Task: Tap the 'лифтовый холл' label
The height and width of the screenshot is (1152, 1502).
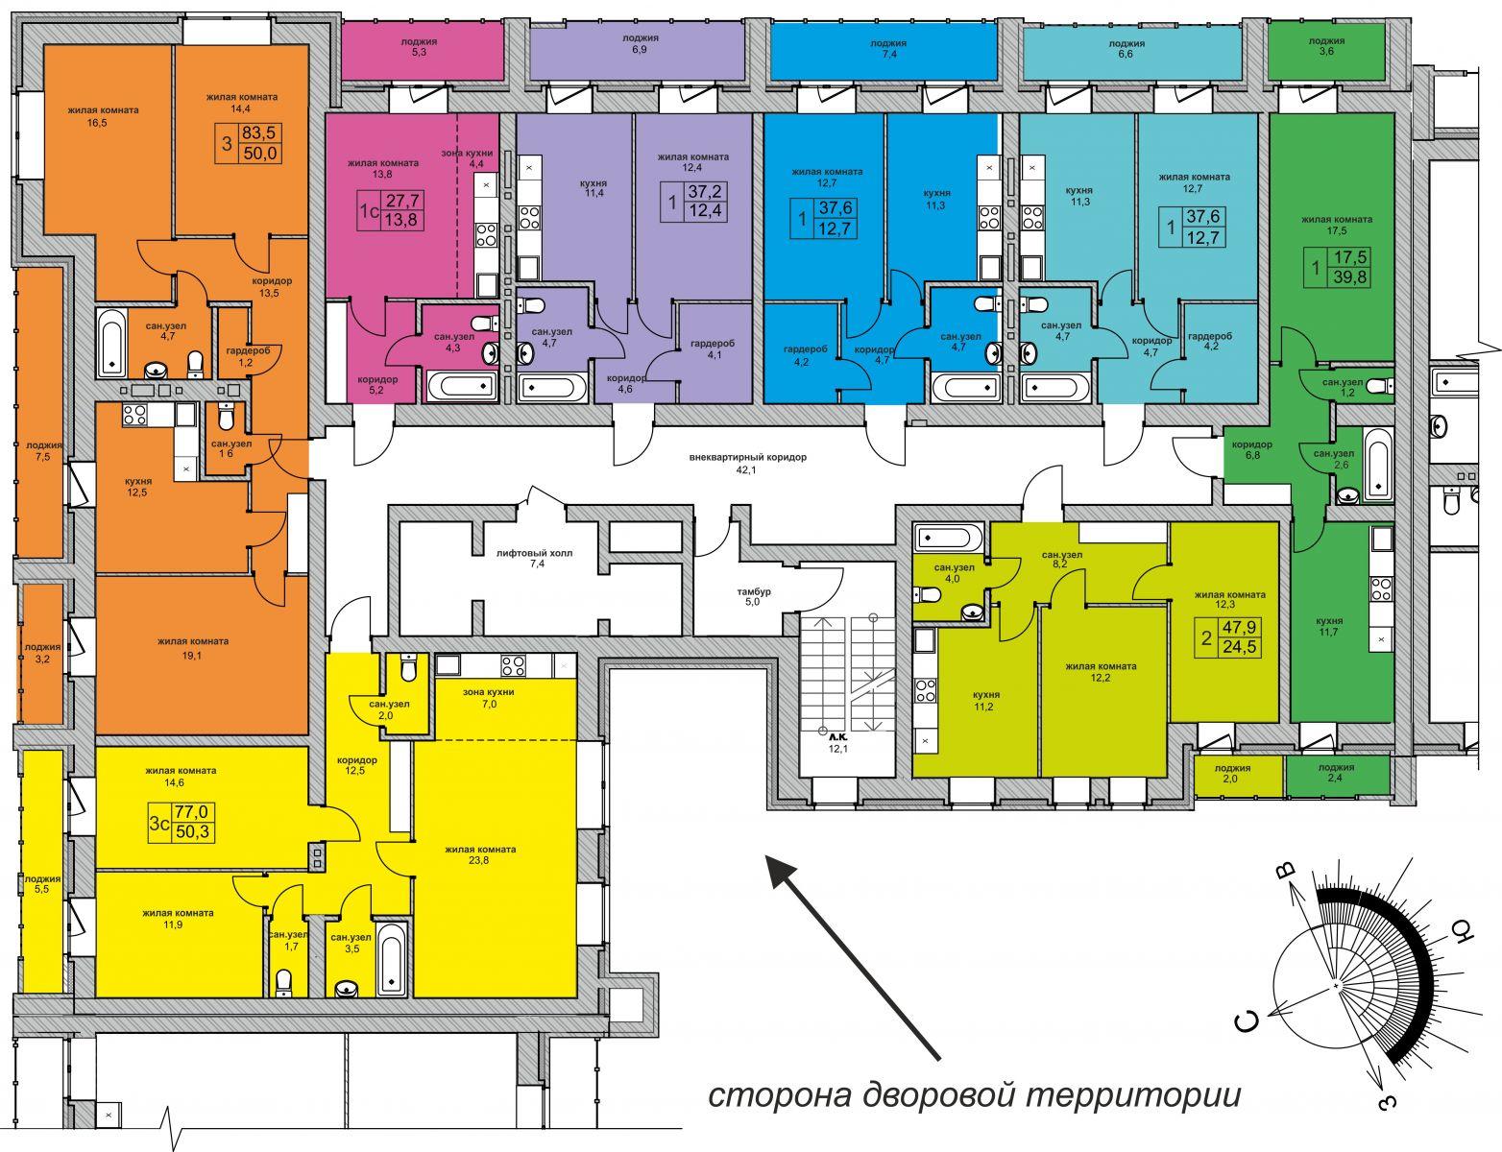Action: [534, 553]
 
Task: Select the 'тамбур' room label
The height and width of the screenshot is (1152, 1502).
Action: [754, 591]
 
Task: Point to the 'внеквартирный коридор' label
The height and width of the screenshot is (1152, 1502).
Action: [748, 457]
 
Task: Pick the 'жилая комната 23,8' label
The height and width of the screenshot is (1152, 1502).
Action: [480, 854]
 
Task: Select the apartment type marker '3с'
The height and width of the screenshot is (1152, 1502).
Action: [159, 824]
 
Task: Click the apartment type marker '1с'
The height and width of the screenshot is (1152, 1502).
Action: [370, 210]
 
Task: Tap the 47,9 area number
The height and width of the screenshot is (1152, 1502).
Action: [1239, 627]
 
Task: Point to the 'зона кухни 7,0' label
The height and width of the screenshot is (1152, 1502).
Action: [489, 698]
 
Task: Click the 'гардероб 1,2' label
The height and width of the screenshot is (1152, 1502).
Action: [247, 356]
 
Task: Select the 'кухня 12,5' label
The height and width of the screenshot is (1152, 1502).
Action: [137, 486]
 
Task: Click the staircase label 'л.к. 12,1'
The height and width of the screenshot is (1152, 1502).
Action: [837, 743]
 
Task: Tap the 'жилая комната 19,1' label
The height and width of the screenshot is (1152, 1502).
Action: [193, 649]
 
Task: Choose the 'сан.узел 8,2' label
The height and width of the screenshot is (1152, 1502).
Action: [1062, 559]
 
